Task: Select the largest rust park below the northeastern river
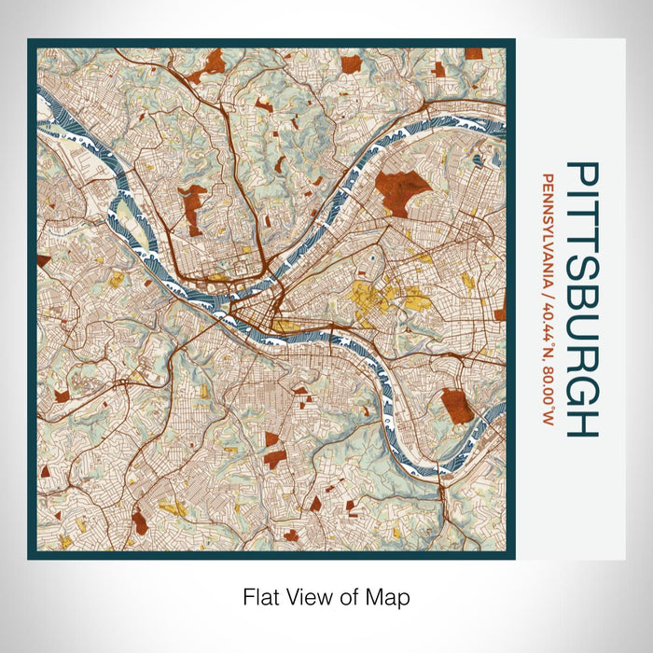click(401, 192)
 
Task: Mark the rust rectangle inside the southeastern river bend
click(457, 405)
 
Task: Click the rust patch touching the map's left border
click(42, 260)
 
